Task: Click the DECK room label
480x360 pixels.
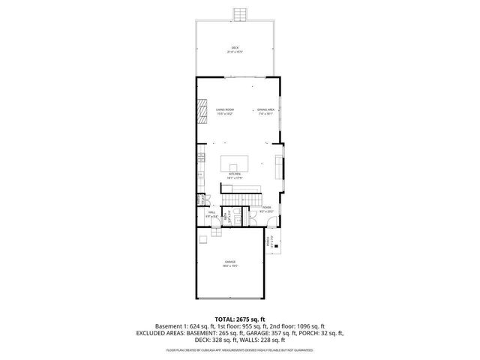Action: [235, 50]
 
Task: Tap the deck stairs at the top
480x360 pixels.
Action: [240, 15]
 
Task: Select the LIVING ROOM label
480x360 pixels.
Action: [224, 112]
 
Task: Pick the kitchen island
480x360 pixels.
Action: [235, 163]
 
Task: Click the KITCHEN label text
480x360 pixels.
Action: [235, 177]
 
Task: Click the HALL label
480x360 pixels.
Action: [211, 214]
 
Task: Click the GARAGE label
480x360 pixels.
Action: [229, 263]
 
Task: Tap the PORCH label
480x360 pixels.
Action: [269, 241]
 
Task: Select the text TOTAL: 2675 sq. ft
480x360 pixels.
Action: [240, 319]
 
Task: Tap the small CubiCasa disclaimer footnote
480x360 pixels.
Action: [240, 350]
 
